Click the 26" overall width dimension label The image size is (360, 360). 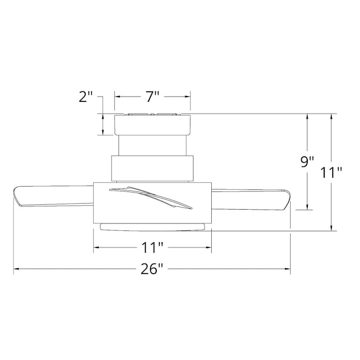[x=152, y=269]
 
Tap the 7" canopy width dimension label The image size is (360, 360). [x=153, y=97]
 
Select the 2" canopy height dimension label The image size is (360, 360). [x=86, y=97]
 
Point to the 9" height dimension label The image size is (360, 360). [x=307, y=162]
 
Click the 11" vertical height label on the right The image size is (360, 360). [x=331, y=172]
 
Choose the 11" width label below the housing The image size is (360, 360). [x=152, y=247]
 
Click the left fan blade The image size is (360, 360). [x=53, y=196]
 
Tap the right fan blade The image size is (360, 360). [x=251, y=199]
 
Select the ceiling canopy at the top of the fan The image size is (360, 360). [x=153, y=124]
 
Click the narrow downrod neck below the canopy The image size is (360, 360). [x=153, y=145]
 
